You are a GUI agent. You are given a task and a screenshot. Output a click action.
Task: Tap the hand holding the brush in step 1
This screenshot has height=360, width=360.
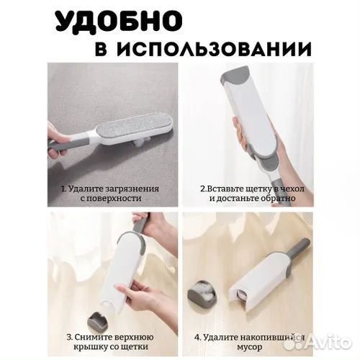coord(58,137)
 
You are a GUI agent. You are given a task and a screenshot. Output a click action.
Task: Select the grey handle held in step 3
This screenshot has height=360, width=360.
coord(138,230)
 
